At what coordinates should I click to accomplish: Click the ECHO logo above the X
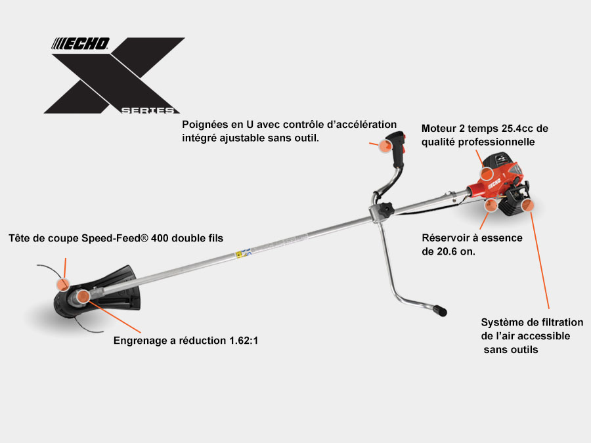(x=80, y=44)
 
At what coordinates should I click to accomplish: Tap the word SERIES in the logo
(x=148, y=110)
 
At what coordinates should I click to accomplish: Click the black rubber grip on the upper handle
(x=397, y=149)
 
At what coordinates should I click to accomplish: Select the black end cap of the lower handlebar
(x=439, y=310)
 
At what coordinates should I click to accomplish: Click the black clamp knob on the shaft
(x=385, y=209)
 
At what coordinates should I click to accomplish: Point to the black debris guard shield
(x=119, y=289)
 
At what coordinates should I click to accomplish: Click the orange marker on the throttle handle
(x=385, y=146)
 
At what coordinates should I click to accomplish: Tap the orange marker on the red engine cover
(x=487, y=173)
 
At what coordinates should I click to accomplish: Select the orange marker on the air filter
(x=528, y=205)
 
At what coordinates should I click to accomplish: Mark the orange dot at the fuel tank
(x=491, y=205)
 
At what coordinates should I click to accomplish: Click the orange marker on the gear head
(x=83, y=297)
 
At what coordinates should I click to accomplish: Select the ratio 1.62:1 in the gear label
(x=244, y=341)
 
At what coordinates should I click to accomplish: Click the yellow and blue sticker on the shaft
(x=243, y=253)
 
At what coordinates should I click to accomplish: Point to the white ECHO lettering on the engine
(x=494, y=184)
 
